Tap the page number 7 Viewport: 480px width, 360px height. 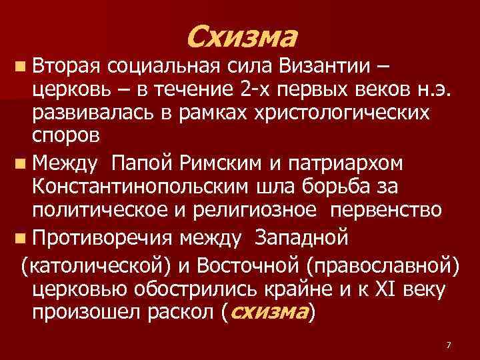448,345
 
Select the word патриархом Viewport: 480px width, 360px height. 347,162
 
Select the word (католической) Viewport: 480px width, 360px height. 96,267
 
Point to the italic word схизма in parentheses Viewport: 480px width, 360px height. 268,312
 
